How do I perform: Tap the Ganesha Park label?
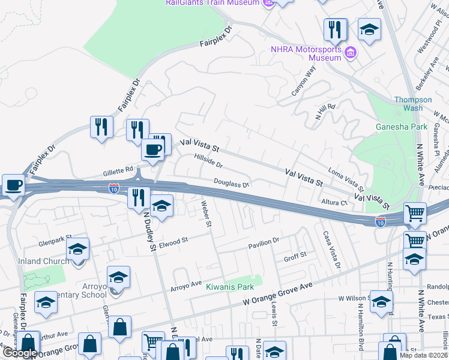point(402,127)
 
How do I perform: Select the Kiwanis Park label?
point(230,287)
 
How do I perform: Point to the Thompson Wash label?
point(413,104)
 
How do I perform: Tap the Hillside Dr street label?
point(208,160)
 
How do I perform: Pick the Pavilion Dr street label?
point(264,241)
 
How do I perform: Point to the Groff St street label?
point(295,255)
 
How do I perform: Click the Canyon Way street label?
point(303,82)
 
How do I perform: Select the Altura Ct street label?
point(335,203)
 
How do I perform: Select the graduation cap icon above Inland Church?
point(77,248)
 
